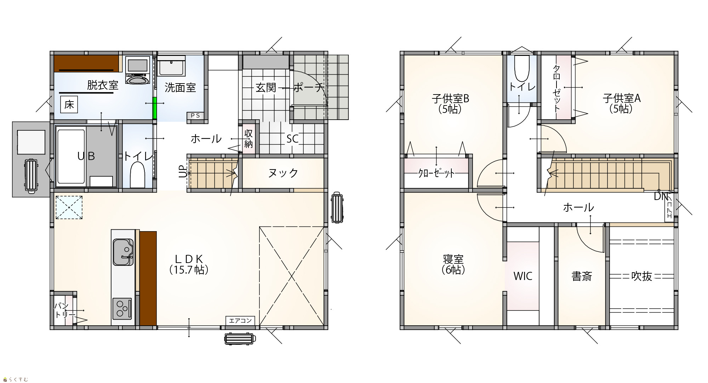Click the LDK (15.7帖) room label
189,264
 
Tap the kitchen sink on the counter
123,252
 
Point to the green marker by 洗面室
154,108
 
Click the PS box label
195,115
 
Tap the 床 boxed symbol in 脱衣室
69,105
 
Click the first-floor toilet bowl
137,175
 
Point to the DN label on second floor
661,196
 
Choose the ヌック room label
283,173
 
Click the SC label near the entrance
292,139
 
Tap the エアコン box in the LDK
240,320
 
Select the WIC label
523,276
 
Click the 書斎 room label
582,276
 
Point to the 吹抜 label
641,276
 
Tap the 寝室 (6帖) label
453,264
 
